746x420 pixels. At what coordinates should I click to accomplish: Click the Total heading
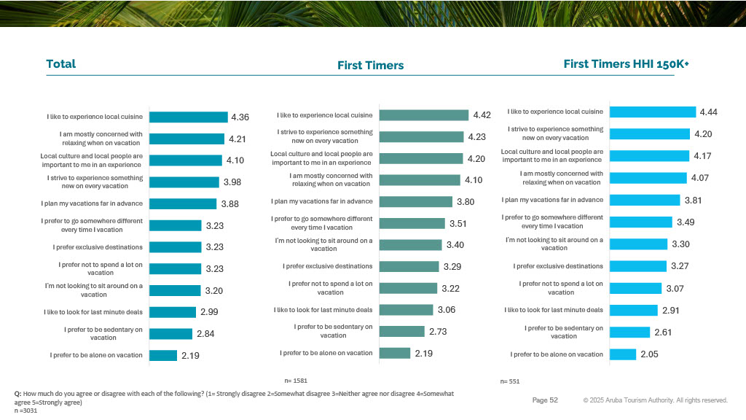tap(61, 64)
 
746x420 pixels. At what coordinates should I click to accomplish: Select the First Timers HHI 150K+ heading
tap(626, 64)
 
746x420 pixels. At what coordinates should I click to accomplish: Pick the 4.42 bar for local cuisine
tap(424, 115)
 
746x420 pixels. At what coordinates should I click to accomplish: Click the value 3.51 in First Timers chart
tap(458, 224)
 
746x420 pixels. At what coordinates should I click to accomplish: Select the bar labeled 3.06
tap(407, 310)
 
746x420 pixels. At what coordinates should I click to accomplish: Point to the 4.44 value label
tap(710, 112)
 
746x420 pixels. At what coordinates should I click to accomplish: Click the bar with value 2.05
tap(623, 354)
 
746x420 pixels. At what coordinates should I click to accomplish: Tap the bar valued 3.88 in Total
tap(183, 203)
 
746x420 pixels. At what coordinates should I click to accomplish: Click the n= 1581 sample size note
tap(296, 381)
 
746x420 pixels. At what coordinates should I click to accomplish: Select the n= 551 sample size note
tap(510, 381)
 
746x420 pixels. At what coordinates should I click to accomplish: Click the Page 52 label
tap(545, 400)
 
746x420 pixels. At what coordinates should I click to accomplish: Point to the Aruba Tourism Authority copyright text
tap(655, 400)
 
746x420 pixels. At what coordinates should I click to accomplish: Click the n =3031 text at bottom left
tap(25, 411)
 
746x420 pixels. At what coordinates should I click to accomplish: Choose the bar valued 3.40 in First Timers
tap(410, 245)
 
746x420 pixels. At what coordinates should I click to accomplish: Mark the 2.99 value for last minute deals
tap(209, 313)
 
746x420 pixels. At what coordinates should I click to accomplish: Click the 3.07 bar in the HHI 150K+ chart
tap(635, 289)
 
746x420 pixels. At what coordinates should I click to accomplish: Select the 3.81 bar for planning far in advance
tap(645, 200)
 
